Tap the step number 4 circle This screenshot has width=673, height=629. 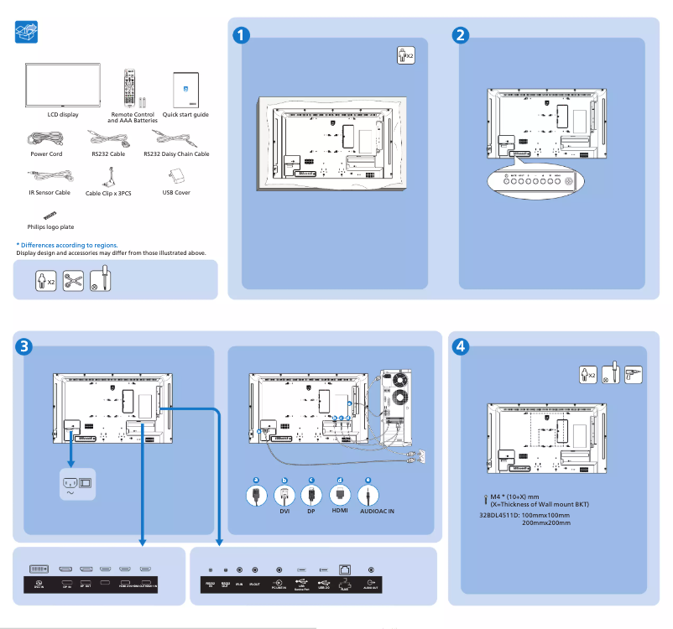(x=460, y=346)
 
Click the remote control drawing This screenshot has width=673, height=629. (x=129, y=87)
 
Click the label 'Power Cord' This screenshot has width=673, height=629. (x=46, y=154)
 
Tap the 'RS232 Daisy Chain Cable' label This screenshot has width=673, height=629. (x=176, y=154)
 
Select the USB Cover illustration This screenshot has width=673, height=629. (x=176, y=177)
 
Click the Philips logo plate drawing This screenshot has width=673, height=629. (x=40, y=216)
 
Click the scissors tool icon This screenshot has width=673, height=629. (x=73, y=280)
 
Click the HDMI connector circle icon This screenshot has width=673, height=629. (x=340, y=494)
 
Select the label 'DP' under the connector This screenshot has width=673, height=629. (x=310, y=511)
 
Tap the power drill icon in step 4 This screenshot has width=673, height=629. (x=634, y=374)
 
